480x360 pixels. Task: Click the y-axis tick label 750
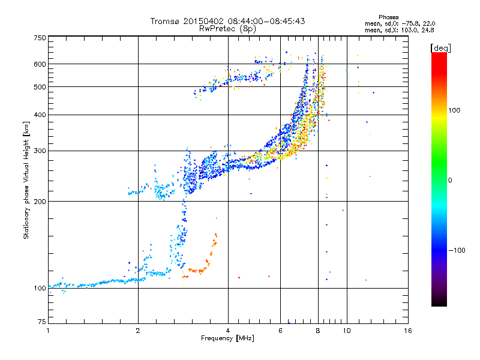(40, 37)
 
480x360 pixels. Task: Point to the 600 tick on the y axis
(40, 64)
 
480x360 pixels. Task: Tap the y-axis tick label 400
(40, 115)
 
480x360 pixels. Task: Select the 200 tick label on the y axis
(40, 201)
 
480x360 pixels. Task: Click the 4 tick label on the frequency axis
(228, 331)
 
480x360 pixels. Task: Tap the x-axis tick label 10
(346, 331)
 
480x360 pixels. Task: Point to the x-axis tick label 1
(49, 331)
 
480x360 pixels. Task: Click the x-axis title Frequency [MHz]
(227, 338)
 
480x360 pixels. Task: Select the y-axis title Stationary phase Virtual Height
(26, 180)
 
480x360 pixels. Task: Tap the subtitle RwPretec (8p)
(227, 28)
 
